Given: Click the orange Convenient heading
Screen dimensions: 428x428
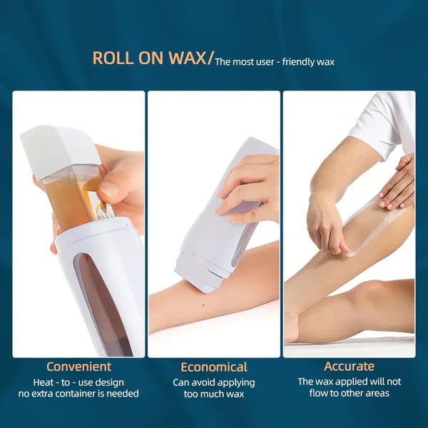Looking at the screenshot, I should [x=78, y=367].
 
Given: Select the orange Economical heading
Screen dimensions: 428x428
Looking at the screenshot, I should [x=214, y=367].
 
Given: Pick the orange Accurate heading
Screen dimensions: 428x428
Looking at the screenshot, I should [x=349, y=367].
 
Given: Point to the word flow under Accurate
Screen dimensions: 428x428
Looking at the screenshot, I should [x=321, y=393].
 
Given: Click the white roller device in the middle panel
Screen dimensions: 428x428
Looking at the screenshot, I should [x=220, y=214].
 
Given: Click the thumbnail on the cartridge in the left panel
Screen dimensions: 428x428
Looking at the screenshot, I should [x=108, y=190].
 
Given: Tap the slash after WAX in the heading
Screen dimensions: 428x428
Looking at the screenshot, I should [x=210, y=58].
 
